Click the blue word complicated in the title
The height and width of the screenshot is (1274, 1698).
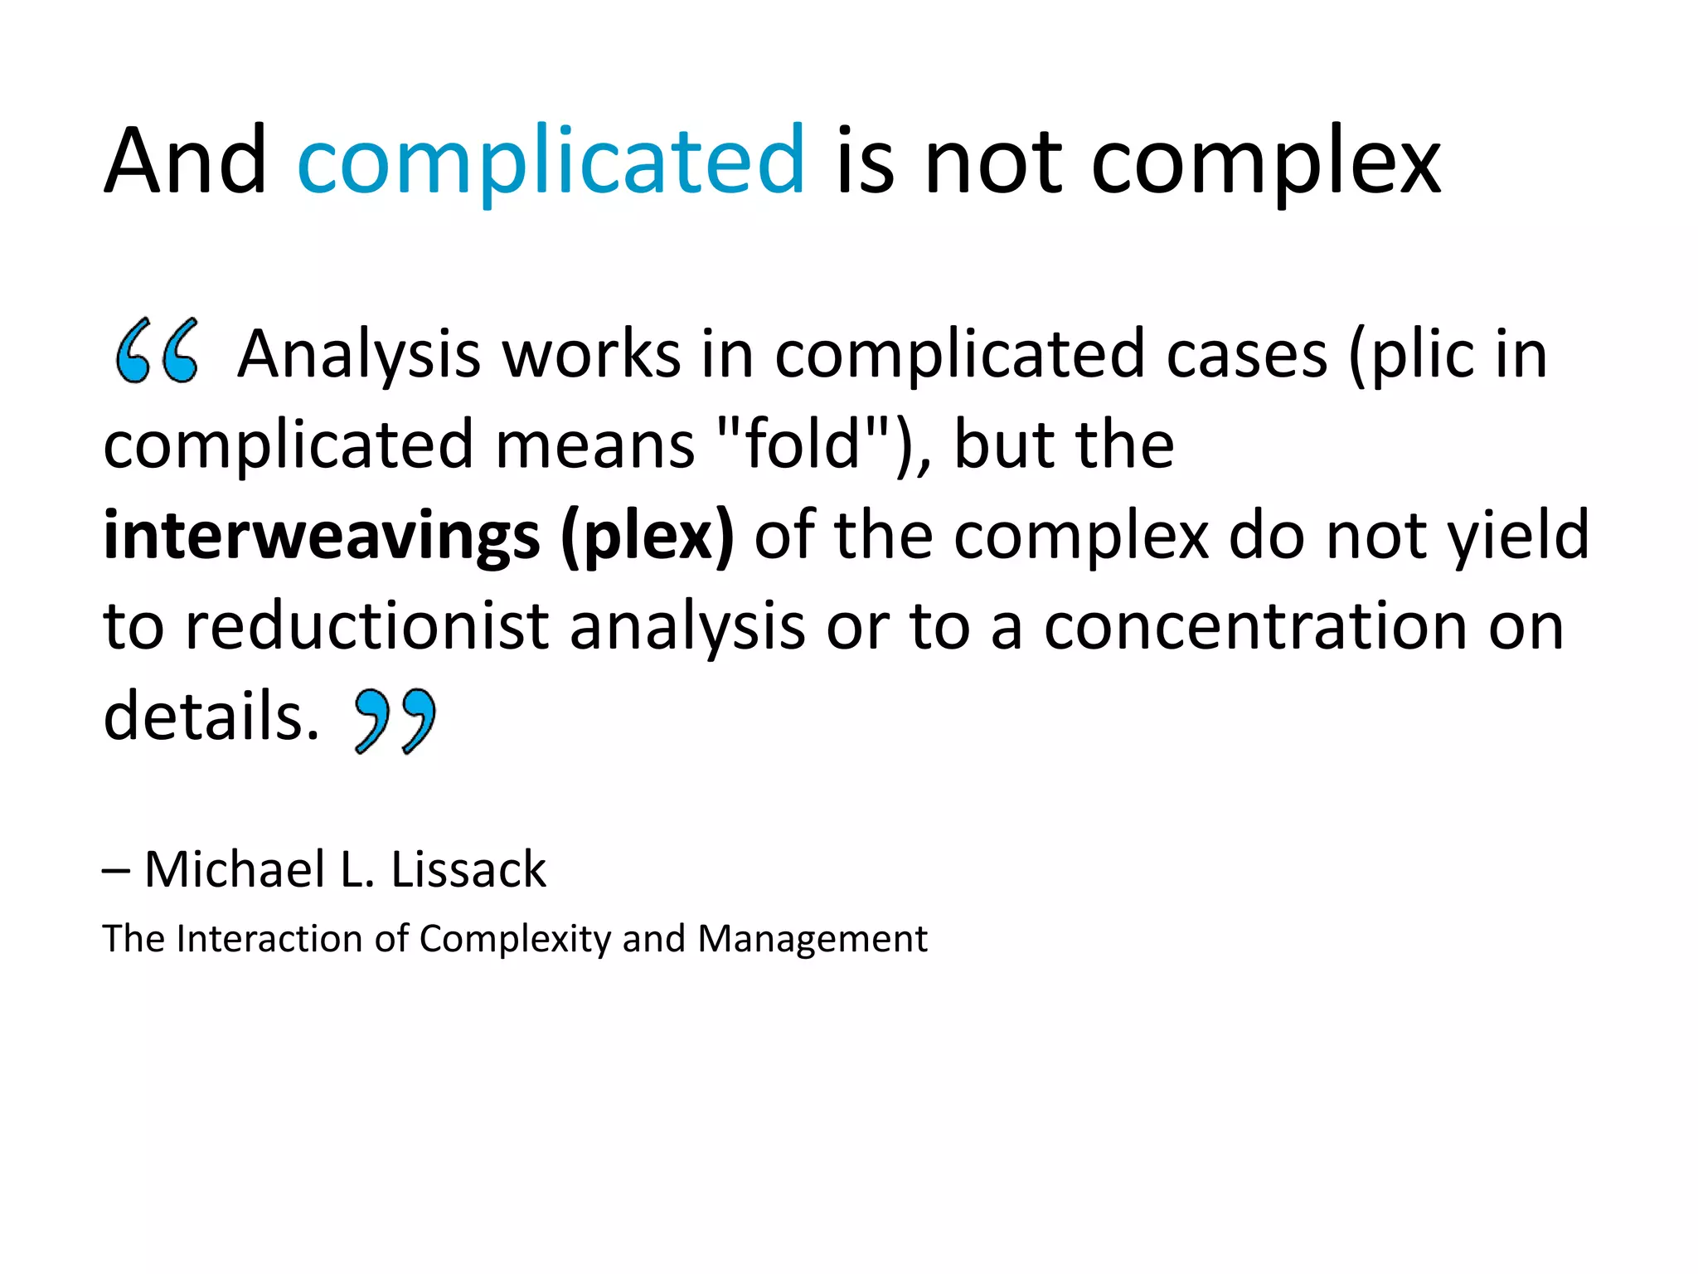[x=551, y=162]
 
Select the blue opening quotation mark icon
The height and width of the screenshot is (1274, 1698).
[x=157, y=351]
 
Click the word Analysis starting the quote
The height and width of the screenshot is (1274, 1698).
[x=358, y=355]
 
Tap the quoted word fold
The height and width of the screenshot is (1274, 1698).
[x=803, y=444]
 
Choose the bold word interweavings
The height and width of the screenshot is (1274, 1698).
[x=322, y=536]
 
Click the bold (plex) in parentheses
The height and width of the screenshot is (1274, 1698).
[x=648, y=536]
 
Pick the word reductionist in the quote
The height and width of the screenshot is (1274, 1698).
[x=366, y=626]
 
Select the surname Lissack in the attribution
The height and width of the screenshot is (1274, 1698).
[x=468, y=870]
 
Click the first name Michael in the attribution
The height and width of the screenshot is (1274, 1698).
[x=235, y=870]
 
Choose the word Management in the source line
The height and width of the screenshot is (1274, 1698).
[x=813, y=939]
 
